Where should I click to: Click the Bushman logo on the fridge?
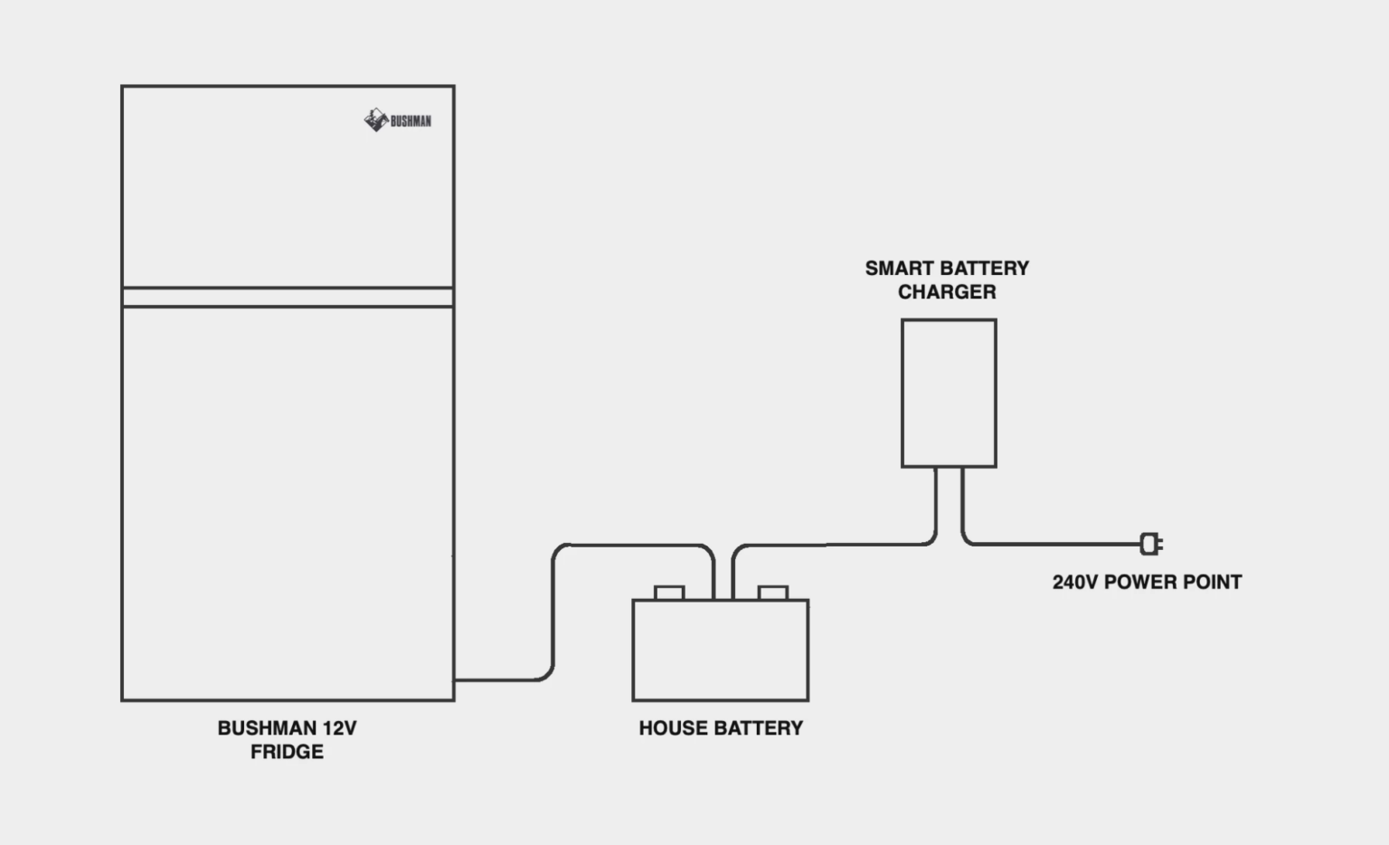pyautogui.click(x=398, y=120)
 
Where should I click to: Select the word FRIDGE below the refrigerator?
pyautogui.click(x=287, y=752)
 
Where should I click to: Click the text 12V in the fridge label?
pyautogui.click(x=339, y=728)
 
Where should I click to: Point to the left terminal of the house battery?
pyautogui.click(x=669, y=593)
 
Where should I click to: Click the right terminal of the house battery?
pyautogui.click(x=773, y=593)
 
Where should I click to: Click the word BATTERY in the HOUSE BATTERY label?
pyautogui.click(x=758, y=728)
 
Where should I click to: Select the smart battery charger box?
pyautogui.click(x=949, y=393)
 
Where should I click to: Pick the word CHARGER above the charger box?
pyautogui.click(x=947, y=292)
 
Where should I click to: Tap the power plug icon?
pyautogui.click(x=1150, y=544)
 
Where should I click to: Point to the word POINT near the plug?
pyautogui.click(x=1213, y=583)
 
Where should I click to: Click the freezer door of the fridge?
pyautogui.click(x=288, y=186)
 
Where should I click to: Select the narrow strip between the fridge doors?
pyautogui.click(x=288, y=298)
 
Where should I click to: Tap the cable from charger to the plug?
pyautogui.click(x=1049, y=545)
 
